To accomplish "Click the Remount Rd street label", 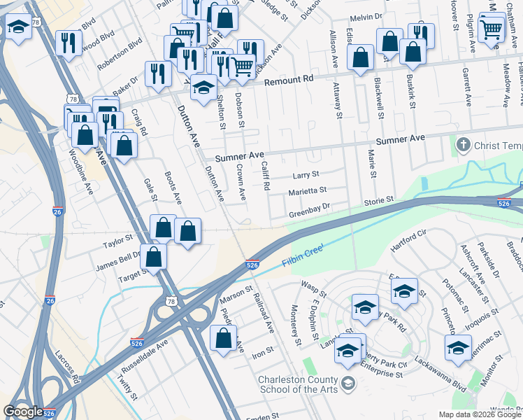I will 289,80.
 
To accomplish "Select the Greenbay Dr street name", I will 309,206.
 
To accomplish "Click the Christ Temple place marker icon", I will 463,145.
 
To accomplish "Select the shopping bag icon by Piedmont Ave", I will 223,339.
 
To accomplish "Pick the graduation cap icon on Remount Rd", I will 203,87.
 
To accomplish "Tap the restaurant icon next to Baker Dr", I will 158,73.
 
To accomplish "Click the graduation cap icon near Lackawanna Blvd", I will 459,346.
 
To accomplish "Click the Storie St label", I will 378,200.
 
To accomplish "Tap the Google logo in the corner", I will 23,412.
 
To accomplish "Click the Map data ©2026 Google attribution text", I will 479,414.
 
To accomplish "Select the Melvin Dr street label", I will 363,14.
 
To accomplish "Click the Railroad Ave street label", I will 264,310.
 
